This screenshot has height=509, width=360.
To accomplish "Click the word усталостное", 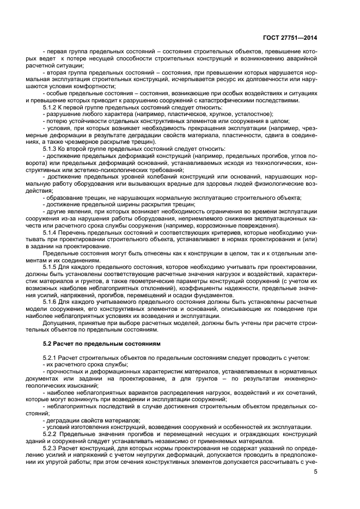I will pyautogui.click(x=250, y=114).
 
